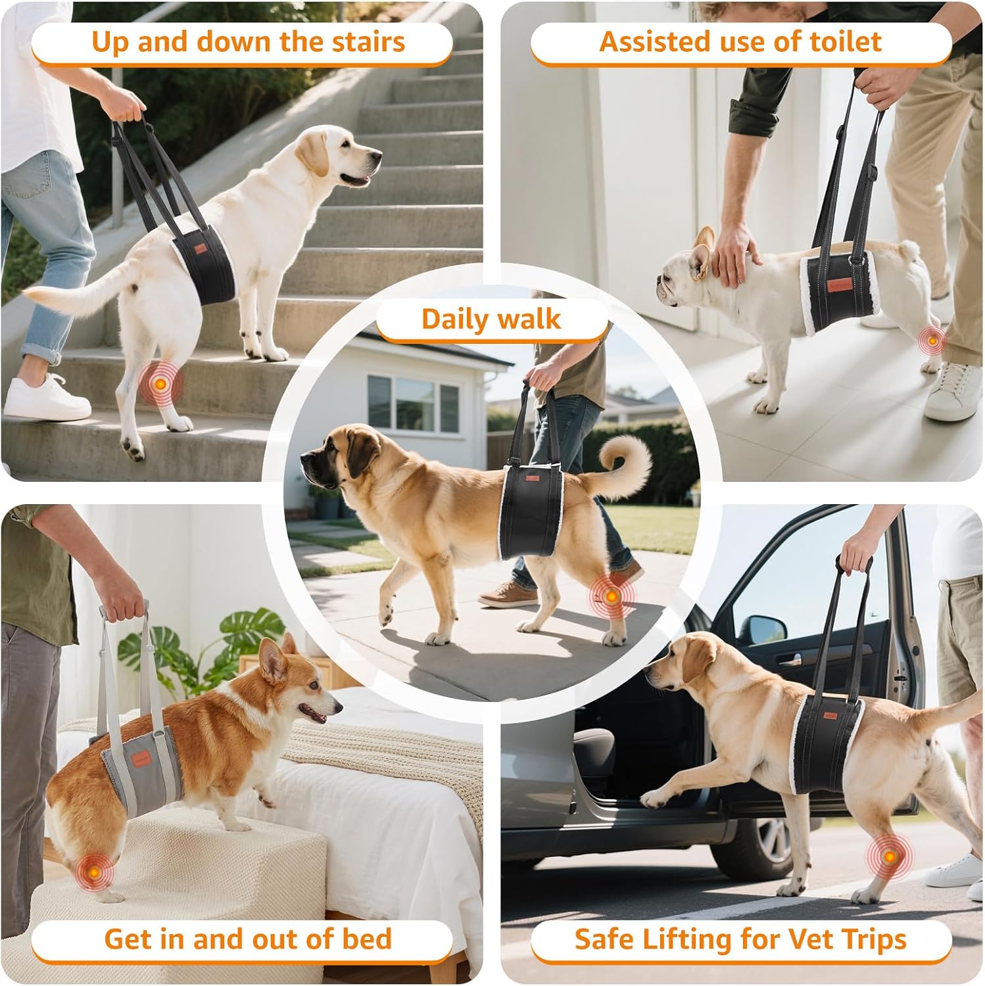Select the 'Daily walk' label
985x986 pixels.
tap(491, 319)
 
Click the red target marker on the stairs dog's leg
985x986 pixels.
tap(159, 383)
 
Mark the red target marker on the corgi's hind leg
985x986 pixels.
tap(93, 872)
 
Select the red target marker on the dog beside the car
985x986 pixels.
tap(889, 857)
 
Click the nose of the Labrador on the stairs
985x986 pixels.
tap(378, 156)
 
